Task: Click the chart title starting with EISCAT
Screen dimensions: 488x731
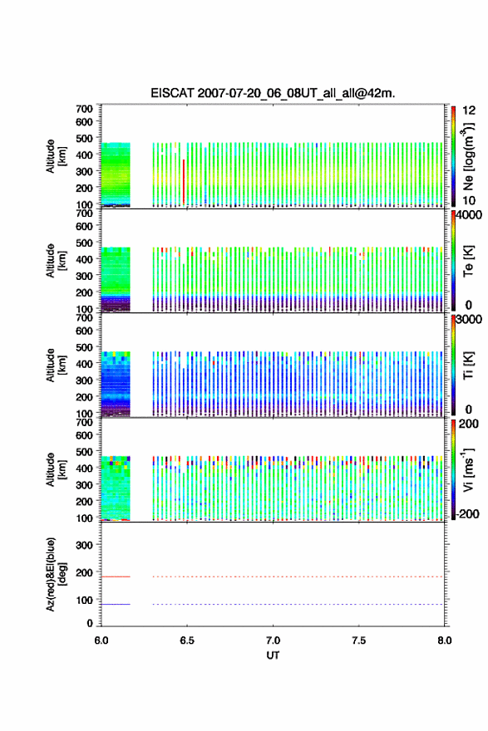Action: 273,93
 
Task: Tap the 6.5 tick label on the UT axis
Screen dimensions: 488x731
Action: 186,640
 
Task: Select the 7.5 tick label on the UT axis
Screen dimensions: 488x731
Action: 358,640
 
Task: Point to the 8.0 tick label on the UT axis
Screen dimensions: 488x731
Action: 444,640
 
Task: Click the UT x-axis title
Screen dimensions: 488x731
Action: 273,655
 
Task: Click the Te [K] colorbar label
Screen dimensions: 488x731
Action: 468,261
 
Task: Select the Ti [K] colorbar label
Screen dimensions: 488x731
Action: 468,365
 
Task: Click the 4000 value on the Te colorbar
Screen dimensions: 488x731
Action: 469,215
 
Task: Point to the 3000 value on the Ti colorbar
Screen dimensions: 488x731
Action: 469,319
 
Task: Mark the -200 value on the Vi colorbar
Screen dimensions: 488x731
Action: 467,513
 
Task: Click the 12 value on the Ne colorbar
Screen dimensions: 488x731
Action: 469,110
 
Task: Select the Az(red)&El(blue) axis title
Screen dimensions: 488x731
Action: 54,574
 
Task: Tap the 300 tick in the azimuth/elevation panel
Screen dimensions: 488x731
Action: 85,545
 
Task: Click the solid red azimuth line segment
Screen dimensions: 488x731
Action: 116,576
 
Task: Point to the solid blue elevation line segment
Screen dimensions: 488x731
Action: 116,604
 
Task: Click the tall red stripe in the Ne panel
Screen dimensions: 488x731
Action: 184,182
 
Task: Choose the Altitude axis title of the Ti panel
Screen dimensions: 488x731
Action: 54,365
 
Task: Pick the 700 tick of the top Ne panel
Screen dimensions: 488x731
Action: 85,109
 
